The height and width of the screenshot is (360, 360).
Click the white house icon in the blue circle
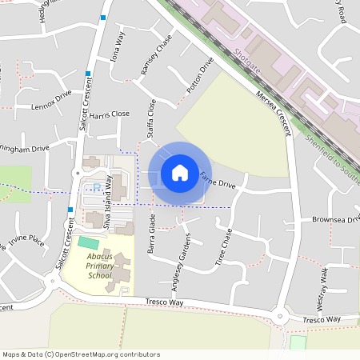[x=180, y=173]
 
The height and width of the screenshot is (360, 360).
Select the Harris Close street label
[x=110, y=115]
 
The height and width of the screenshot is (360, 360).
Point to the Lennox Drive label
[x=51, y=104]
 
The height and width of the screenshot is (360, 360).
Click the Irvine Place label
[x=26, y=238]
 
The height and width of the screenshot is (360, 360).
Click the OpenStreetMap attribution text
[x=81, y=354]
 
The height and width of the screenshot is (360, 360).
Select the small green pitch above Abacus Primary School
[x=89, y=242]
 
